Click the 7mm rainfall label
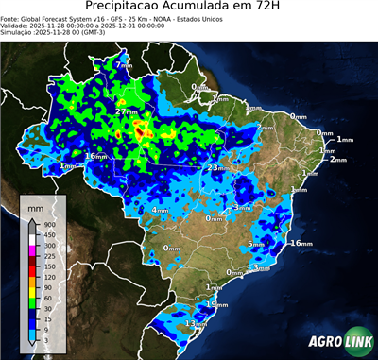point(124,65)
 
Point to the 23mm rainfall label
point(218,168)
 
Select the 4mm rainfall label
point(161,210)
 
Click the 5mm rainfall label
point(256,244)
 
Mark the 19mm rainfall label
point(218,304)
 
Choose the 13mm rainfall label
point(196,324)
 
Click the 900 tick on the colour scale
point(47,224)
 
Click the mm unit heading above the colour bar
point(36,207)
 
